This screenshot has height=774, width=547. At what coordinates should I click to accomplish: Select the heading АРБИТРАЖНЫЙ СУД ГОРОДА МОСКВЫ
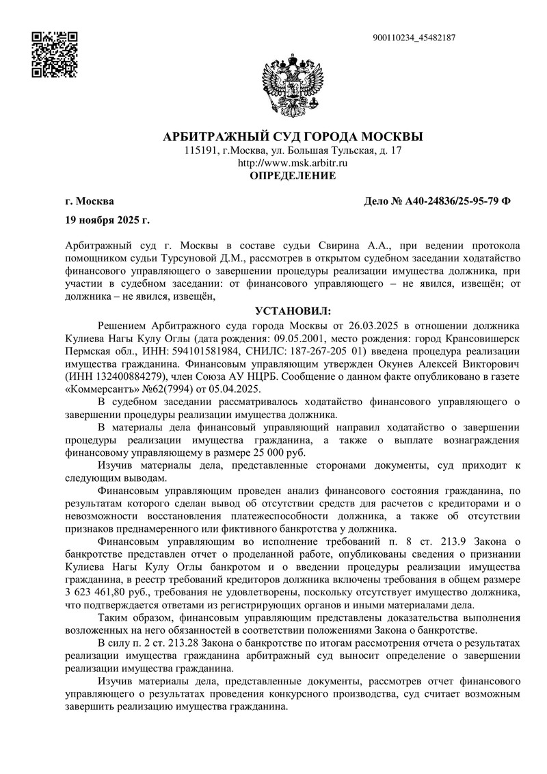[293, 136]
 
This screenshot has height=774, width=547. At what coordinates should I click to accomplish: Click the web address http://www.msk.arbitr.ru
[293, 163]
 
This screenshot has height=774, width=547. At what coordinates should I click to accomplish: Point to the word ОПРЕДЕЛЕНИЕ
[293, 177]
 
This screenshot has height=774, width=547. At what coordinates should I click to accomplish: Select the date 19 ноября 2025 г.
[107, 220]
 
